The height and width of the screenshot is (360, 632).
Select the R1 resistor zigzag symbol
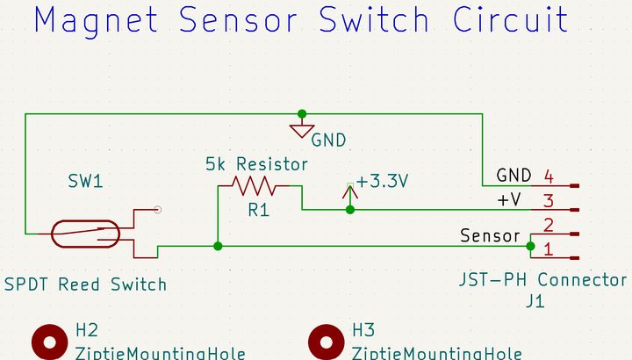tap(254, 185)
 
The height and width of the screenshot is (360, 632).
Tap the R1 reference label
tap(258, 211)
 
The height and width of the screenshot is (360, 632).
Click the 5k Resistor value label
tap(256, 164)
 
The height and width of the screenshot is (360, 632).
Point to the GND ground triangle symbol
tap(301, 132)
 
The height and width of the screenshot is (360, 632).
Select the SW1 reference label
tap(85, 182)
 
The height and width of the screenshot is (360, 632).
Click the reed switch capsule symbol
tap(85, 234)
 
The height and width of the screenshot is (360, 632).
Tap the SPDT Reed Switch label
tap(85, 284)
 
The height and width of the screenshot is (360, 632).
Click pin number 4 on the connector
tap(548, 176)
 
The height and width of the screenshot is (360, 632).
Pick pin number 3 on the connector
tap(548, 200)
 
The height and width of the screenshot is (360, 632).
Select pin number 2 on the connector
tap(548, 225)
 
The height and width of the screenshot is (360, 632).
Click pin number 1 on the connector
tap(548, 249)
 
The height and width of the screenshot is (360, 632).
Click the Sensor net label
tap(489, 236)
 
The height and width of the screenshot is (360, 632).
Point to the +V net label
tap(510, 200)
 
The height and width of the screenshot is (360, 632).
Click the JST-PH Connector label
tap(542, 281)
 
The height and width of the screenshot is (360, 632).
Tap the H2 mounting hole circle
tap(50, 342)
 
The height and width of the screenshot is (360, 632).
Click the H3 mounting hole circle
tap(327, 342)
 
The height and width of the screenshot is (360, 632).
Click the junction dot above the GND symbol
tap(302, 113)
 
